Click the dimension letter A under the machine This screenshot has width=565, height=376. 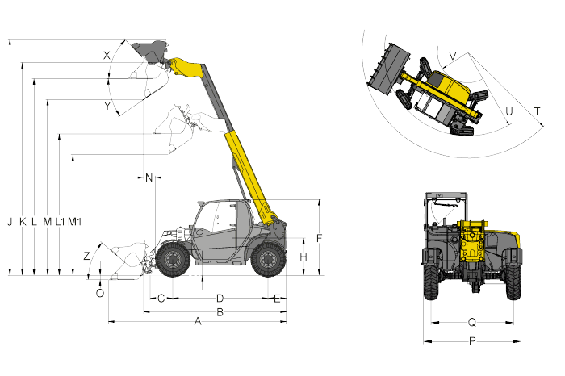click(198, 321)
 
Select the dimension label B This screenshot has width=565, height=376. click(220, 312)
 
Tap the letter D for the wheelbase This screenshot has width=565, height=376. click(220, 299)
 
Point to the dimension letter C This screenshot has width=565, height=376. click(161, 299)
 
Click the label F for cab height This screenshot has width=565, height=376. click(319, 238)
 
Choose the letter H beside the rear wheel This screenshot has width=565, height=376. click(303, 257)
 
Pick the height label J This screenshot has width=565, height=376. click(10, 222)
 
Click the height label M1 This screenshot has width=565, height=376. click(74, 222)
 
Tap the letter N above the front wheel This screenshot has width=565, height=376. click(149, 178)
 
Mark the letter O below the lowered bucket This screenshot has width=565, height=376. click(100, 293)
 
